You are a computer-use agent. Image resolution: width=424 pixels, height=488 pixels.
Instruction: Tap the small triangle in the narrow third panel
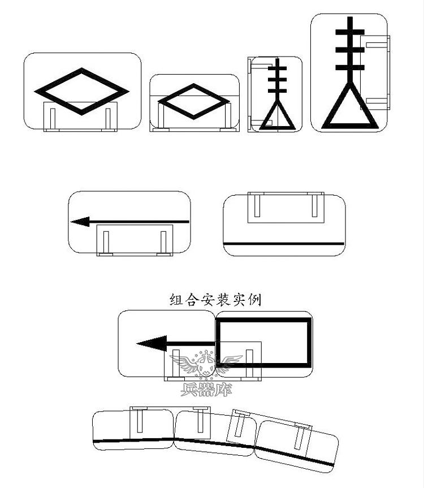pos(276,116)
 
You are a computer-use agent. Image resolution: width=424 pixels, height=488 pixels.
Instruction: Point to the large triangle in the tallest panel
pos(349,107)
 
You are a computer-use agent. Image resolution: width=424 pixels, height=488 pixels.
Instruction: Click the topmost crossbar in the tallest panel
pos(349,32)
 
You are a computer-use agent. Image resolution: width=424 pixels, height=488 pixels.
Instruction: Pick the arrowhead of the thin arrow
pos(80,222)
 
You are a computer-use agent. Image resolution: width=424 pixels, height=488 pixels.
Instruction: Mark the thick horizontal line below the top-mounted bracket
pos(284,243)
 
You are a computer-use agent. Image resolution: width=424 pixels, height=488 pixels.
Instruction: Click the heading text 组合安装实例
pos(215,300)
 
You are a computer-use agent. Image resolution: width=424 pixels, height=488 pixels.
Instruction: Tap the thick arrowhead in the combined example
pos(152,343)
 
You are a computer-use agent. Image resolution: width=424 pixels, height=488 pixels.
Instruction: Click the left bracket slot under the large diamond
pos(53,118)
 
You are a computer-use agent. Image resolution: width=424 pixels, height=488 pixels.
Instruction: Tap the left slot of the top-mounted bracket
pos(257,205)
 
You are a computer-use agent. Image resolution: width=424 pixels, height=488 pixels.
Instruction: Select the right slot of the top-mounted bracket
pos(315,205)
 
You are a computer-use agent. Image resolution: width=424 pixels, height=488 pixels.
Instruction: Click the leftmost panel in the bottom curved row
pos(133,430)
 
